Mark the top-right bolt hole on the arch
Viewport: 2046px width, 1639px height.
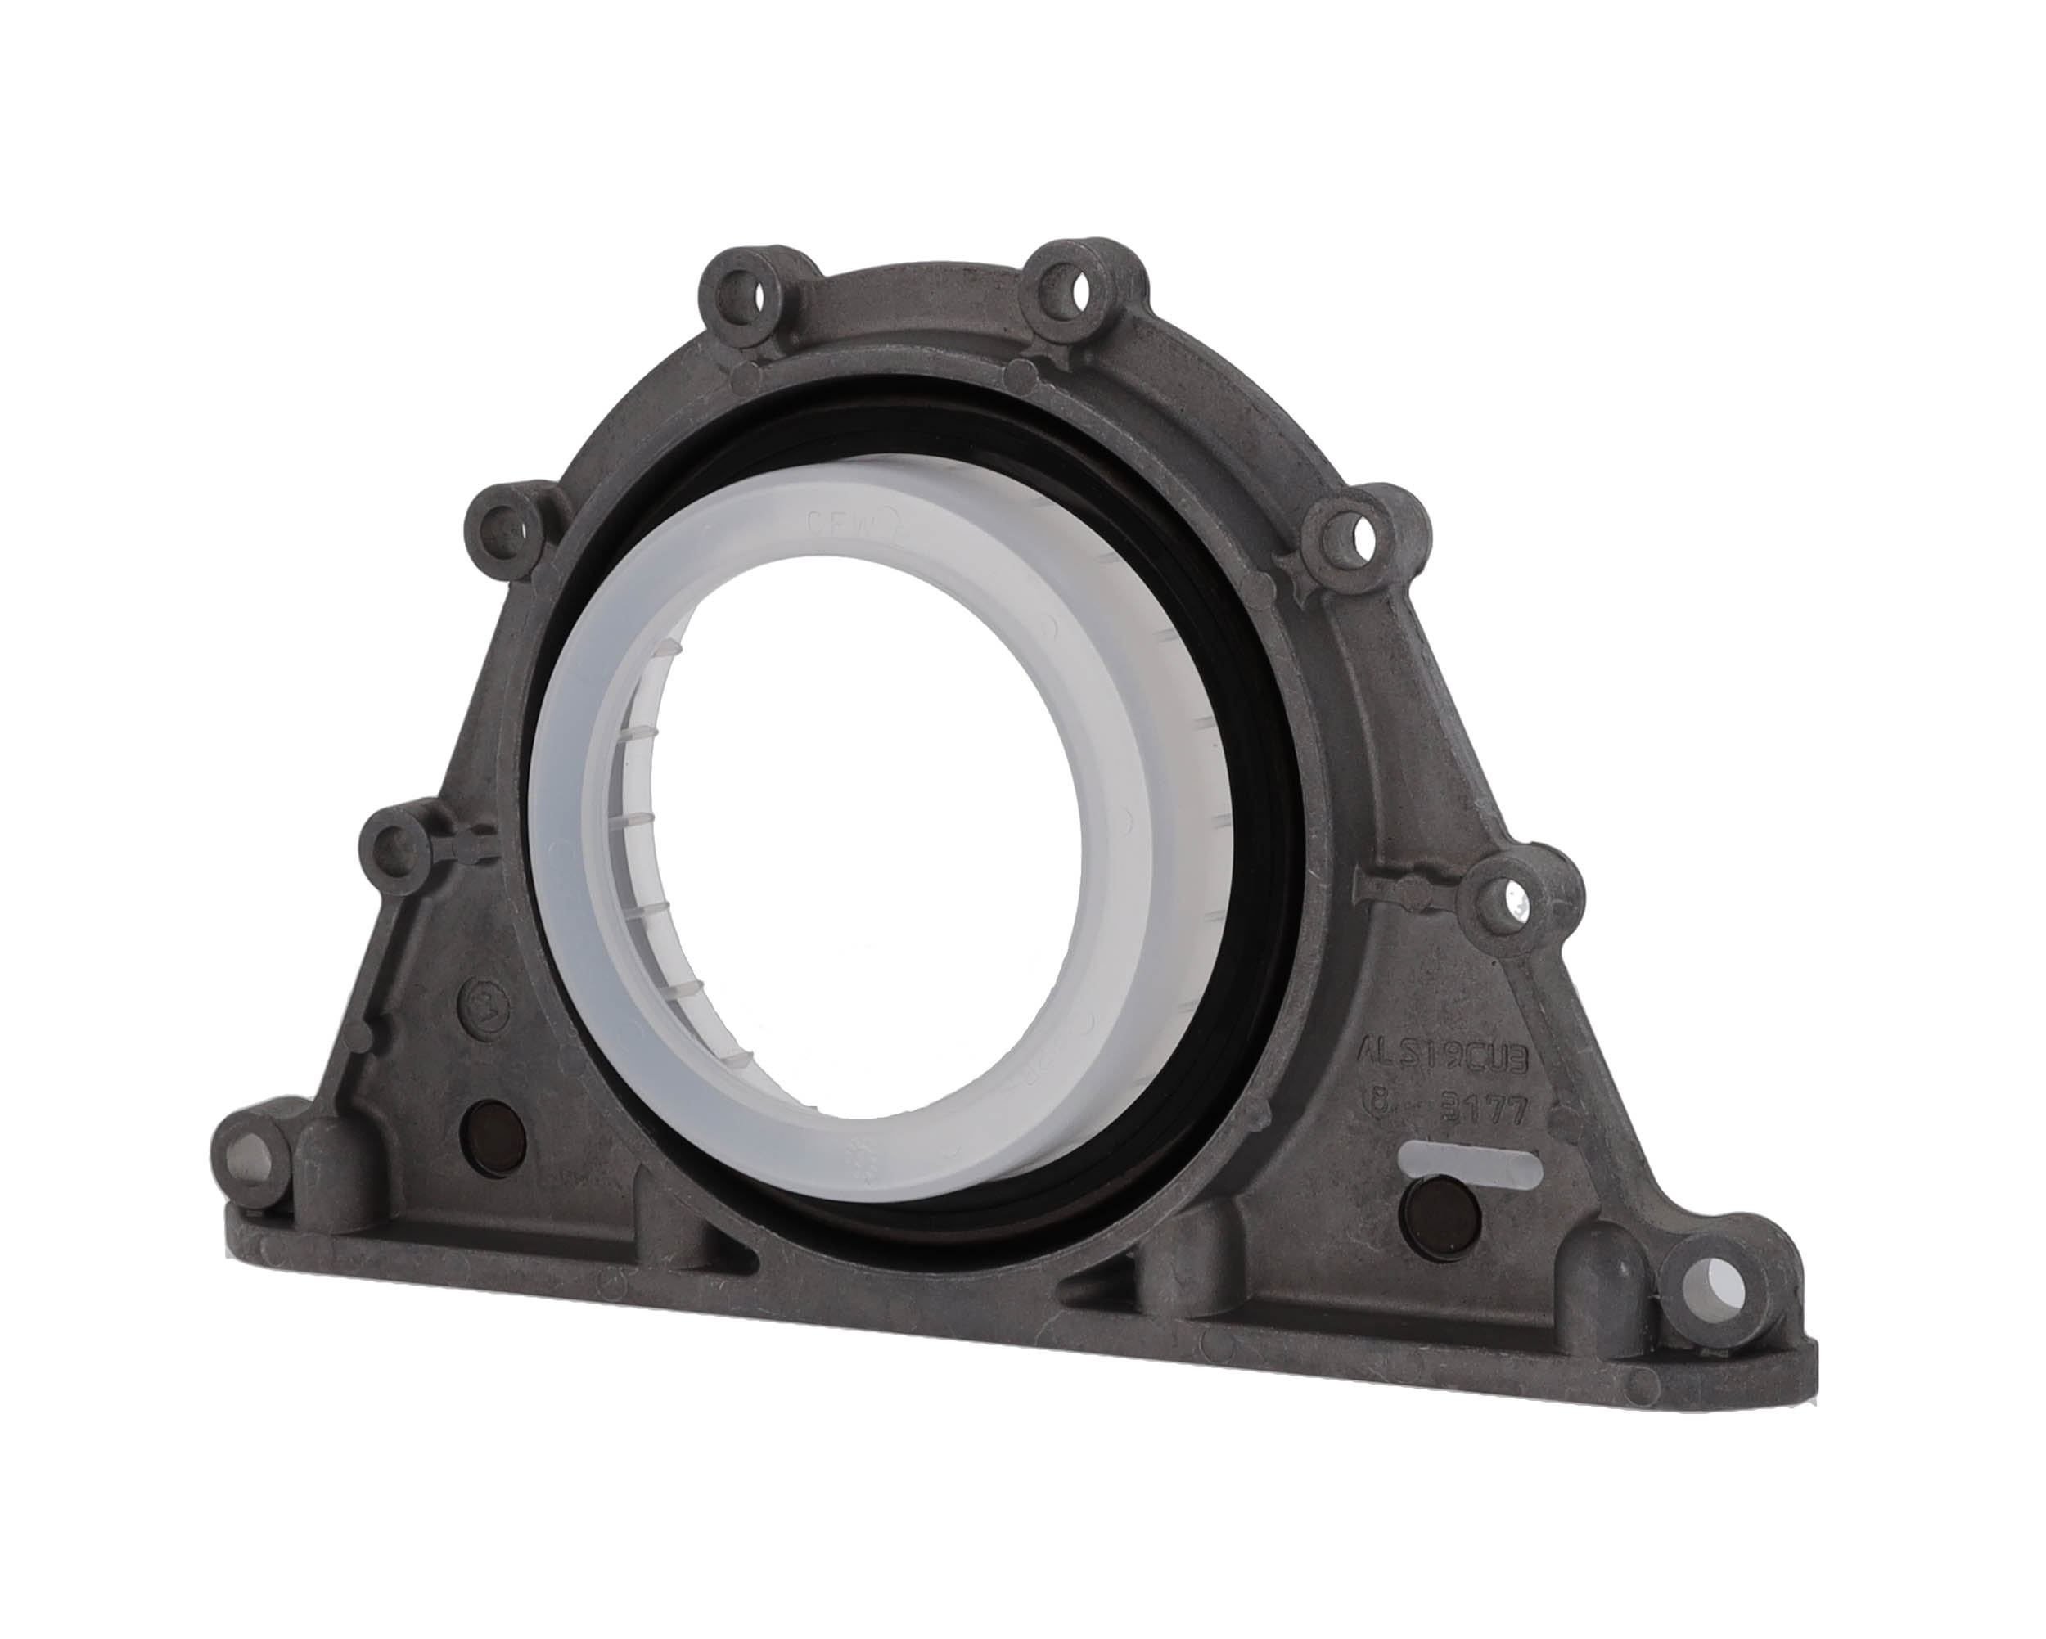pyautogui.click(x=1070, y=286)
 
